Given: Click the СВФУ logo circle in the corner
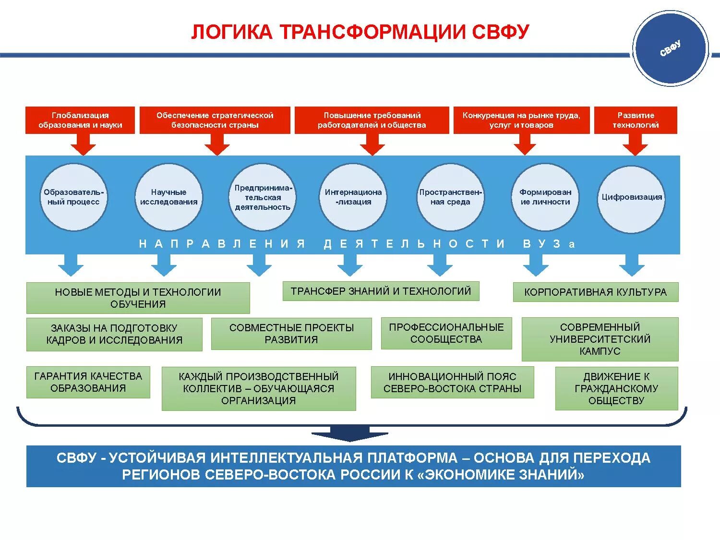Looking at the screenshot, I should tap(670, 48).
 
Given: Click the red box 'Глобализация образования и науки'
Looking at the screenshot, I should tap(80, 120).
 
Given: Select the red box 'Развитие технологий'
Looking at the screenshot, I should tap(636, 120).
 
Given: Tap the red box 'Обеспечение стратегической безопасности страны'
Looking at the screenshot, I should tap(215, 120).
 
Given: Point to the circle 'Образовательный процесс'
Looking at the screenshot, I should tap(73, 197).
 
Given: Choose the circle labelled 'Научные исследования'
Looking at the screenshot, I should tap(168, 197).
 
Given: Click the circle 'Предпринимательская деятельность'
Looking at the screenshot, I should tap(262, 197).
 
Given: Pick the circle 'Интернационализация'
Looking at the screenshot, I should tap(353, 197).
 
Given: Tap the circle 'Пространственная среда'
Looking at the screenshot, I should tap(450, 197).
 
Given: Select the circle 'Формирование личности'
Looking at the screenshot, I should tap(545, 197).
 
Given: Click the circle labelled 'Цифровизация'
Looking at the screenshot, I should tap(632, 197).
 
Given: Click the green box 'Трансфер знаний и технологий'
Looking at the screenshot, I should tap(381, 291).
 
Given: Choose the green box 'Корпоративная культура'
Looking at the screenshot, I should tap(595, 292).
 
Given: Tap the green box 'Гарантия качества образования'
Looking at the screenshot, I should tap(88, 382).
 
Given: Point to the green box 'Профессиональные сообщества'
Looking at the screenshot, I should tap(446, 333).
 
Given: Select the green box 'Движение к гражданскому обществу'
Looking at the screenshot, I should tap(616, 388).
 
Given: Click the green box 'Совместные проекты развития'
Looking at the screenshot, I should tap(291, 334).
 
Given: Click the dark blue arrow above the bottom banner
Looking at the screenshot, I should tap(350, 433).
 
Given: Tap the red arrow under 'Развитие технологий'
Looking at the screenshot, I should tap(635, 144).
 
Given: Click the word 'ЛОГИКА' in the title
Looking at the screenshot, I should tap(232, 32).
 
